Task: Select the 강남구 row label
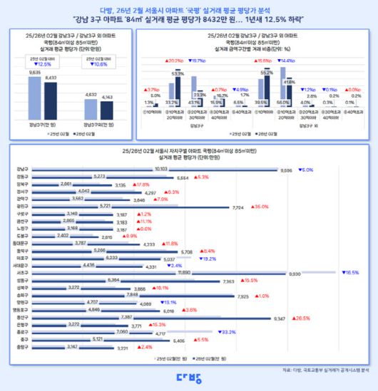[x=21, y=170]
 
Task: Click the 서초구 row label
[x=21, y=272]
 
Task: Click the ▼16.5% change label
[x=350, y=273]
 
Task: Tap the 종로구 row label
[x=21, y=332]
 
